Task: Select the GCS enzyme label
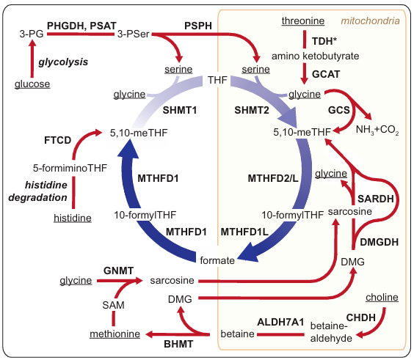point(338,111)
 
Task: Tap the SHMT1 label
point(174,109)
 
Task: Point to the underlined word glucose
point(32,84)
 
